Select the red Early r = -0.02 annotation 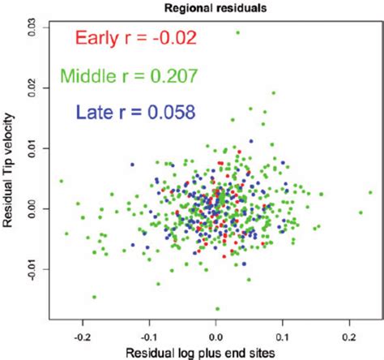134,37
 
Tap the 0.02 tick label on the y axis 32,88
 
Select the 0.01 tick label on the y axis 32,148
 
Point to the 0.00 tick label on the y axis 32,208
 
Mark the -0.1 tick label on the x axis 148,333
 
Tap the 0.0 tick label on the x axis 215,333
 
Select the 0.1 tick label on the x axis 283,333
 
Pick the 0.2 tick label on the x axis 349,333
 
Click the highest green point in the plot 237,33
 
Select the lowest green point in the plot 217,308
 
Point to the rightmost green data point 370,193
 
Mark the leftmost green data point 61,182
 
